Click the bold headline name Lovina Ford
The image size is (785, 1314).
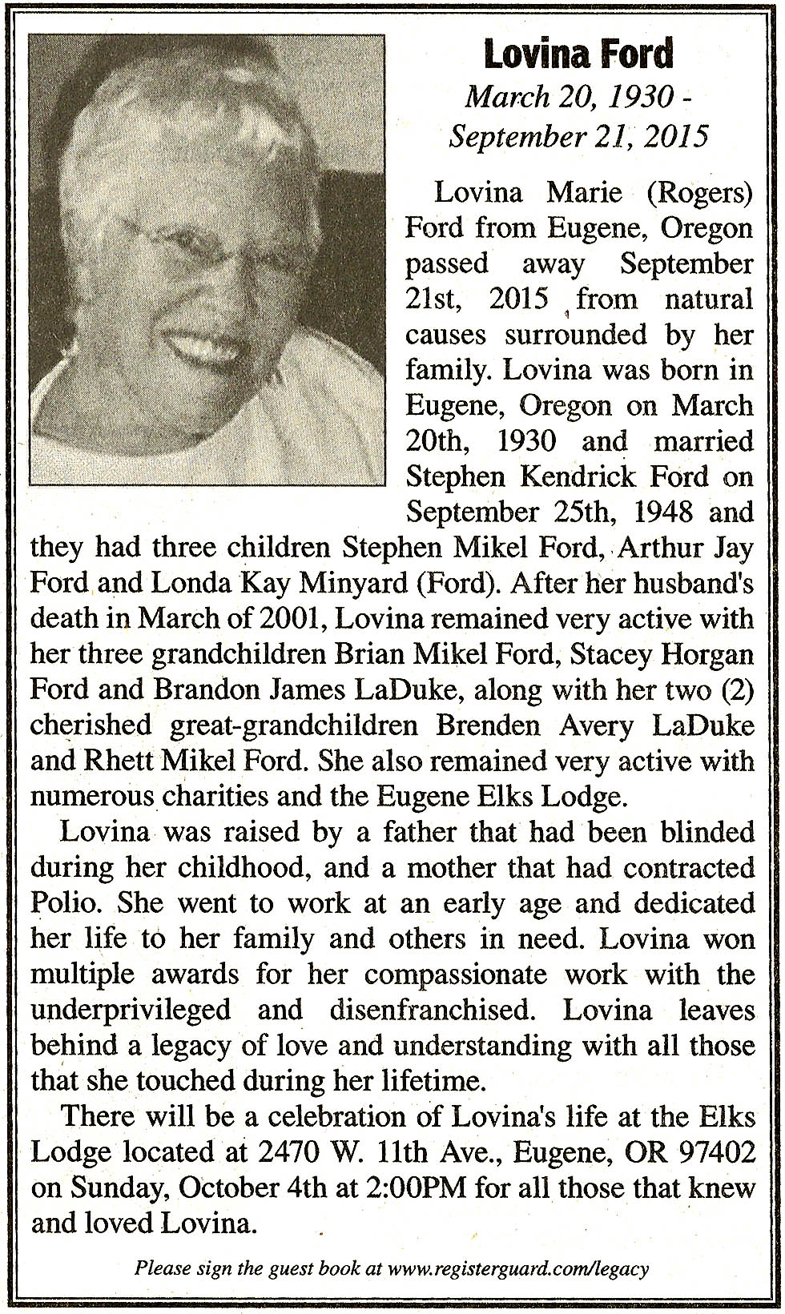(578, 54)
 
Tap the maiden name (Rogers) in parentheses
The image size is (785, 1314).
(700, 192)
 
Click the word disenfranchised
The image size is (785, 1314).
(432, 1009)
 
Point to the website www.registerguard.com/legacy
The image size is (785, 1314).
(517, 1268)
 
